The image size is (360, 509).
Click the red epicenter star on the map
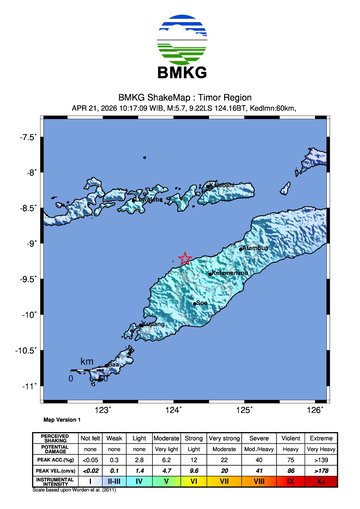[x=184, y=258]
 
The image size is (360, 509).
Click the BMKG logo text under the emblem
[x=180, y=72]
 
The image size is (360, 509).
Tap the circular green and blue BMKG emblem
[x=180, y=38]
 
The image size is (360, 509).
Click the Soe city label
[x=201, y=302]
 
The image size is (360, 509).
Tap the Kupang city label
[x=153, y=324]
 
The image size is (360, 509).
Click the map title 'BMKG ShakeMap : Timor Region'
[x=180, y=97]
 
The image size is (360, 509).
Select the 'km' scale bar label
[x=87, y=361]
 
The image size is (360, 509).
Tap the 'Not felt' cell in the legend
[x=91, y=439]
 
